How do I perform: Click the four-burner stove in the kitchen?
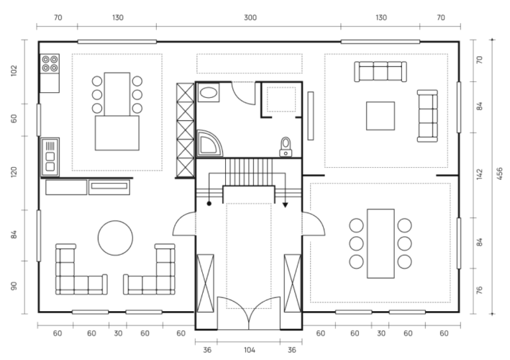[50, 64]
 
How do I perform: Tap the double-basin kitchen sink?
[50, 157]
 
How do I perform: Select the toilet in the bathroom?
[286, 147]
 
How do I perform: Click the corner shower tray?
[210, 143]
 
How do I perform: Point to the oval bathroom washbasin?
[208, 92]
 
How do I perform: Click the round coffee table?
[116, 238]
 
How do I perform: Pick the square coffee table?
[381, 116]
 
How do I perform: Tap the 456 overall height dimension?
[500, 174]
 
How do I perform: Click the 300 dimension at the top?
[250, 17]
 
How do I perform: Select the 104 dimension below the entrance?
[250, 350]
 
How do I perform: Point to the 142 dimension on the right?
[479, 174]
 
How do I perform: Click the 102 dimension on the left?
[14, 71]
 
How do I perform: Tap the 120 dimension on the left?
[14, 172]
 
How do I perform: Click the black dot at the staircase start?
[209, 204]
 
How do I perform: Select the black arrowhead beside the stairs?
[286, 205]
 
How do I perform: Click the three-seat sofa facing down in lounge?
[381, 71]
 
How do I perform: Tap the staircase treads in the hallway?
[249, 172]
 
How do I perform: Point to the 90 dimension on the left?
[14, 287]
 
